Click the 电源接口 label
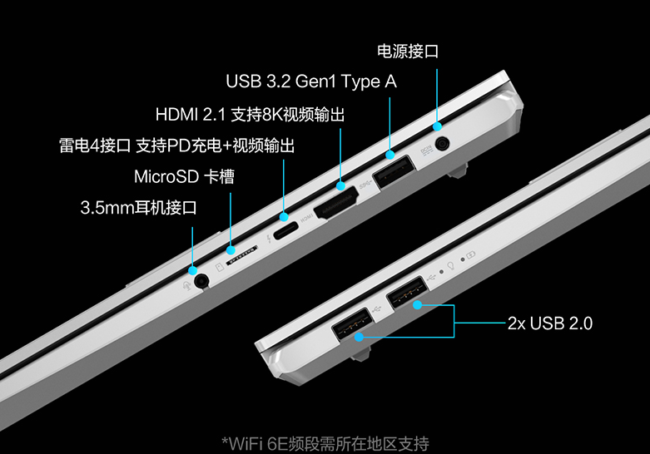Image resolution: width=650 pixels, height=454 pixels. (407, 52)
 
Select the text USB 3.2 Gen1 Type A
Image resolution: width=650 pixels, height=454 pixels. (310, 82)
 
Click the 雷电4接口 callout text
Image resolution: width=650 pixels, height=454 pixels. (95, 146)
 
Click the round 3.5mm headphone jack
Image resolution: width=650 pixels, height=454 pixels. (200, 280)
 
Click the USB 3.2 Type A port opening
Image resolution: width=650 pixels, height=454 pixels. (393, 174)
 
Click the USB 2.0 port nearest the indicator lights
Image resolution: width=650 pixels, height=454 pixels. (405, 294)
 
